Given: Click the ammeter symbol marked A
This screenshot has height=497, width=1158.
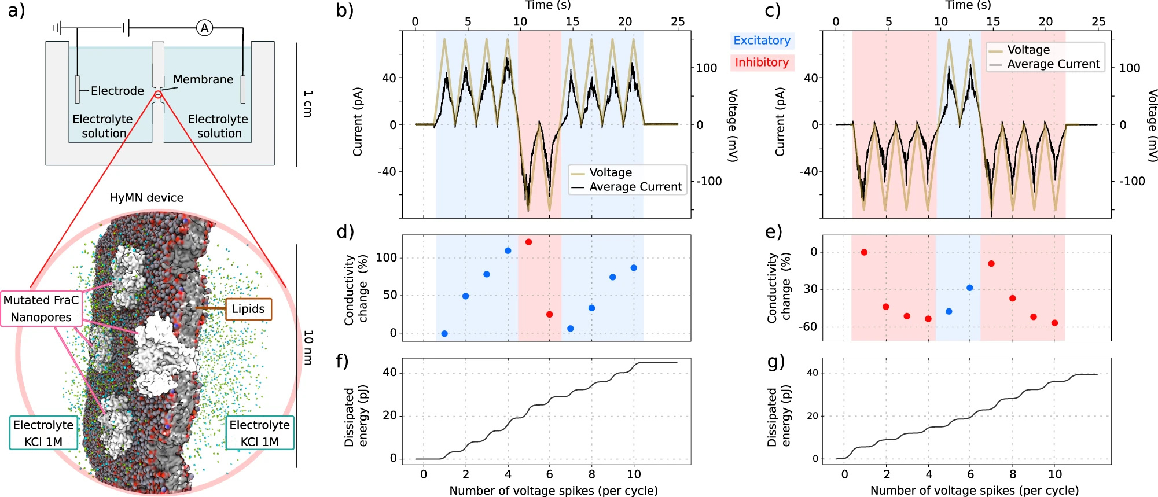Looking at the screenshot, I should point(204,27).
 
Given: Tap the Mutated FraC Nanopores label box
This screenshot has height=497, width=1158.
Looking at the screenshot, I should point(41,308).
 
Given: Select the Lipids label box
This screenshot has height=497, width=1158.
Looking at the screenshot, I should point(248,309).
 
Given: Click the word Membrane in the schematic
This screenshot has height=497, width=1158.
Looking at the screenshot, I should point(203,79).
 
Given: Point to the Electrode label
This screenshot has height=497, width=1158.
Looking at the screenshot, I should point(117,91).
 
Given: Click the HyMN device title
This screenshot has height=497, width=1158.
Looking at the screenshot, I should point(146,198).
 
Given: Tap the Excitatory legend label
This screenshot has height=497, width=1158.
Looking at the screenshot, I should point(762,41).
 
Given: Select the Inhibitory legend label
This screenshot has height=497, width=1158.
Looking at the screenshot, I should point(762,62).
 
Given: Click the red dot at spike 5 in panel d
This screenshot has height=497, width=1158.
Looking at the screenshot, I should point(528,242).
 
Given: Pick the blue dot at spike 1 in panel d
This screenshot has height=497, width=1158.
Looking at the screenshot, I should point(444,334).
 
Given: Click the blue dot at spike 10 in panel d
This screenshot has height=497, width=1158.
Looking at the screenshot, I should point(634,268).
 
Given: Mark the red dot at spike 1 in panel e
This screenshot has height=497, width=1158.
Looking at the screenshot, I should point(864,252).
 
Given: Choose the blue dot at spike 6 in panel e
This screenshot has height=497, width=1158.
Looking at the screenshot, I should point(970,288).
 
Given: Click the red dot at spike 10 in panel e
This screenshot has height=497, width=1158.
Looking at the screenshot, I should point(1054,323).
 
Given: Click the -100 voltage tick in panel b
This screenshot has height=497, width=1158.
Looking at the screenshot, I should point(709,181).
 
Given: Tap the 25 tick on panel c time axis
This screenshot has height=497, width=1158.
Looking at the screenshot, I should point(1098,22).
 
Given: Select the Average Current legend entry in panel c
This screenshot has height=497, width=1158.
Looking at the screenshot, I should point(1053,64).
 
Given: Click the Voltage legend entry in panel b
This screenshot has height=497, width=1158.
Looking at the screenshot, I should point(611,172).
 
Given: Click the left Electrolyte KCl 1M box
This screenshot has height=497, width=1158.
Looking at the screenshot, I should point(43,433).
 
